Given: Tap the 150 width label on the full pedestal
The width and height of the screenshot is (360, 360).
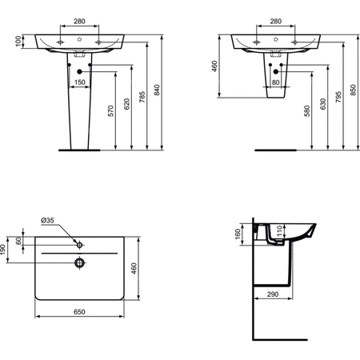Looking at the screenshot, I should pyautogui.click(x=80, y=81).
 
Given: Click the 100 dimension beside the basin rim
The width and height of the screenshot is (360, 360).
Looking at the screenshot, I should pyautogui.click(x=18, y=41).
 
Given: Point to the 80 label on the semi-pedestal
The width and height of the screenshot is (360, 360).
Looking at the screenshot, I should pyautogui.click(x=276, y=81).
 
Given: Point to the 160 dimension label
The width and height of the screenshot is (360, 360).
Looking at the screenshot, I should pyautogui.click(x=237, y=235).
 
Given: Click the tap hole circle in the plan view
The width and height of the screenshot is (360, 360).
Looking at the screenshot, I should pyautogui.click(x=79, y=242).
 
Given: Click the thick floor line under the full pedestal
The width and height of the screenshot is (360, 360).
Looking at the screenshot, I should pyautogui.click(x=78, y=150).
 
